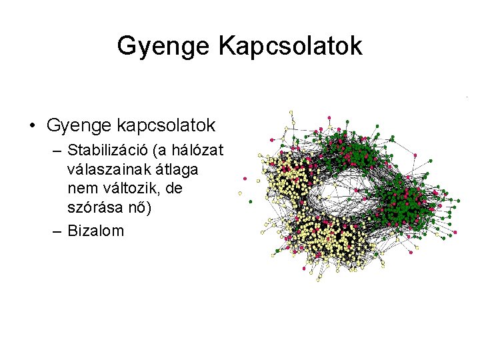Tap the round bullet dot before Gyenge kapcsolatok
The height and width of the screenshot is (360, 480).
[x=32, y=125]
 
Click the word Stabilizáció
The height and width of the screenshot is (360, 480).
[x=109, y=149]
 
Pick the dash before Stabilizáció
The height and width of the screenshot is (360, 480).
[x=55, y=149]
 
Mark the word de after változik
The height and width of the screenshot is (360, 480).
[x=173, y=189]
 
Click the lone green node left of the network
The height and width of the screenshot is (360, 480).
[x=250, y=201]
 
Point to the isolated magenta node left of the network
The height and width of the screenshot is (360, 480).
[x=245, y=179]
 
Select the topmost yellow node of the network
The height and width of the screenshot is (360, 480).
[x=291, y=112]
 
